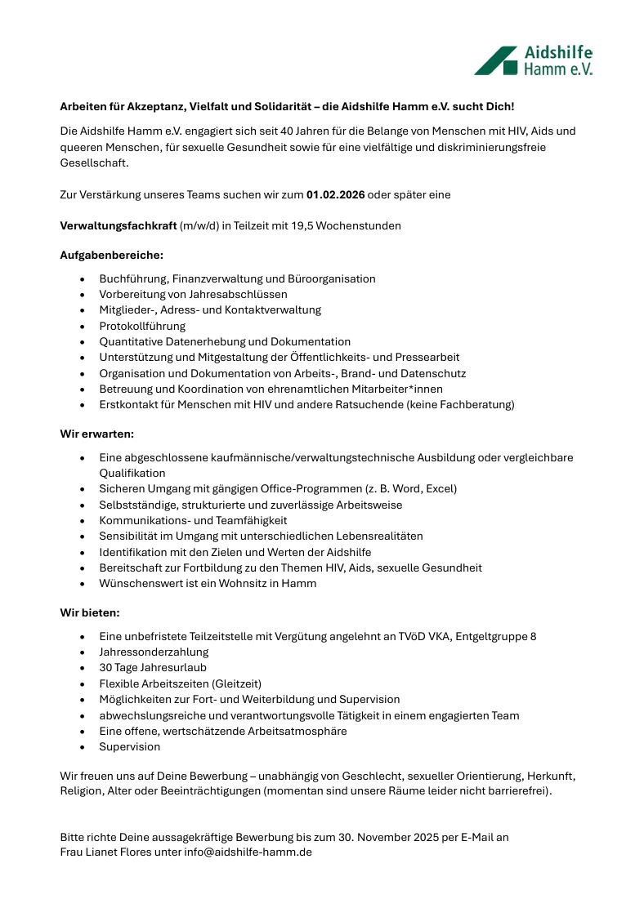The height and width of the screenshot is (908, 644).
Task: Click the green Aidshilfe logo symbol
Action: tap(496, 61)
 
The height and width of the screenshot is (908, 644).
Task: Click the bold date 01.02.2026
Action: tap(335, 194)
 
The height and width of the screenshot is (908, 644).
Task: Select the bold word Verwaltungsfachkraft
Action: tap(118, 225)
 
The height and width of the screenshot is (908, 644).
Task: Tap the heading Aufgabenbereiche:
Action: tap(112, 256)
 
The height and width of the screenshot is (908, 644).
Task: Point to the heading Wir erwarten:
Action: tap(96, 433)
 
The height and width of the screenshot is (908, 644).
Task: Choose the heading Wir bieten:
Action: tap(89, 612)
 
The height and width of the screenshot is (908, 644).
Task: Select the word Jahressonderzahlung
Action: tap(154, 652)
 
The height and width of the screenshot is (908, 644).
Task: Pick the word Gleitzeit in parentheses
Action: tap(235, 683)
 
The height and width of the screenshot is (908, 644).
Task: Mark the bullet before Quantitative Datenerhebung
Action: tap(83, 342)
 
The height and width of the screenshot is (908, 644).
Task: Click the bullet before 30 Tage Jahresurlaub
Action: tap(83, 668)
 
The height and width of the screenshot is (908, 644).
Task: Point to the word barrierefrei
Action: tap(518, 790)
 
